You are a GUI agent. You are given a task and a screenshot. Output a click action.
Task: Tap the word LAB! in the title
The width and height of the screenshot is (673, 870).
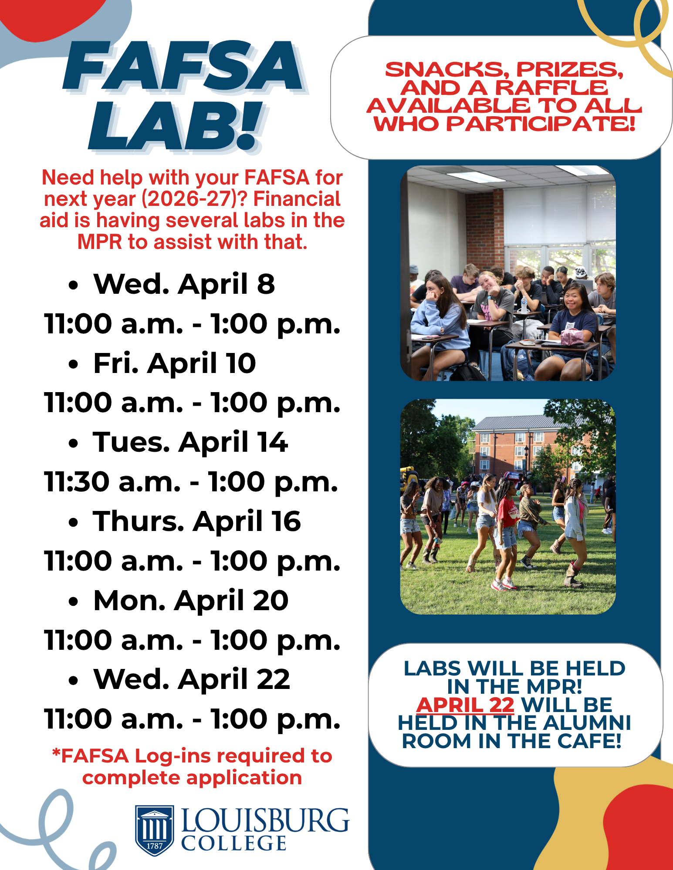(x=174, y=126)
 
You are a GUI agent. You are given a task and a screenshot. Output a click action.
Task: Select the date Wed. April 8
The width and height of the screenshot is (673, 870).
(x=184, y=284)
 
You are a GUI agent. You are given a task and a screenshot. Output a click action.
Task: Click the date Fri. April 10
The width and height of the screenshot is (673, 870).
(x=174, y=363)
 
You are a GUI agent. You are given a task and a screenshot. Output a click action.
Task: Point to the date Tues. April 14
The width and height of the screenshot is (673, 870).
(x=190, y=442)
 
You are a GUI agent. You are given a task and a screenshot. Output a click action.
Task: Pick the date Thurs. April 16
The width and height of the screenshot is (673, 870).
(x=196, y=521)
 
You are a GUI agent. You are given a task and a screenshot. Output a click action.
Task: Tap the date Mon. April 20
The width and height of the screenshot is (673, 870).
(x=191, y=601)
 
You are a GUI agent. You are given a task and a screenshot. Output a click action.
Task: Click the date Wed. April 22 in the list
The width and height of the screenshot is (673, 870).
(x=192, y=679)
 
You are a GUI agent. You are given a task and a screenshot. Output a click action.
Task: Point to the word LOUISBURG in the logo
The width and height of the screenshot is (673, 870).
(x=265, y=821)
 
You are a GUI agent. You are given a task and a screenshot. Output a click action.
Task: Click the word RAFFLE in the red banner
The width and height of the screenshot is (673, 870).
(x=551, y=88)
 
